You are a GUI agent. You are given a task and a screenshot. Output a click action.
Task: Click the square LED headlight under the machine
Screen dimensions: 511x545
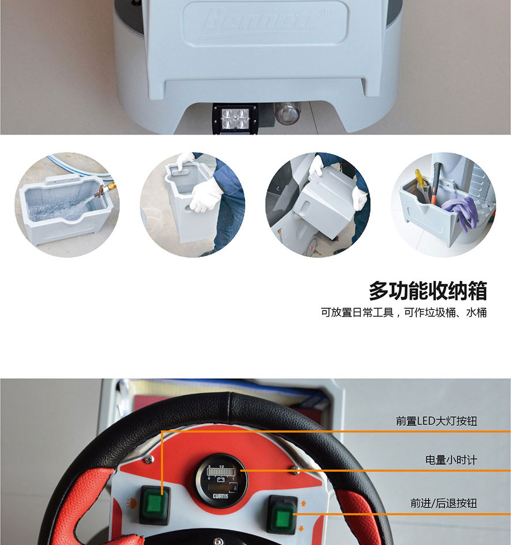coord(236,118)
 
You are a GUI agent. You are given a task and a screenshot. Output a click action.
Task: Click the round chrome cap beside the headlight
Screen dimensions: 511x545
coord(288,113)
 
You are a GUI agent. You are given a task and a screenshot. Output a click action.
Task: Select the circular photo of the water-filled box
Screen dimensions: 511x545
coord(67,205)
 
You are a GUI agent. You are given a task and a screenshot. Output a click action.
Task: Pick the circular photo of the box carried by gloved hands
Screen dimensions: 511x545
coord(193,205)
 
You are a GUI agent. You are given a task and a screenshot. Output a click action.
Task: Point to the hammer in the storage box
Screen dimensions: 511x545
coord(435,182)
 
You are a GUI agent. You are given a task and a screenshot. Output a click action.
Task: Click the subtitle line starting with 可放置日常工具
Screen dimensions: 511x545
coord(404,312)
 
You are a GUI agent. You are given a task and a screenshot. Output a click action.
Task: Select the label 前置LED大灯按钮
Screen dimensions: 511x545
coord(437,421)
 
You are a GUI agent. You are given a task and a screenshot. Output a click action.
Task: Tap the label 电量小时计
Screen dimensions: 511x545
coord(451,460)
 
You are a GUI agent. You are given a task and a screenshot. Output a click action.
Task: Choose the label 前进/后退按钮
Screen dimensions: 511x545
coord(444,503)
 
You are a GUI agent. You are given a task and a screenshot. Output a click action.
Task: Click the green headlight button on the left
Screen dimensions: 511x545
coord(155,505)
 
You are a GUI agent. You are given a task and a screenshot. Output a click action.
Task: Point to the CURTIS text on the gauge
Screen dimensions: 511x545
coord(220,496)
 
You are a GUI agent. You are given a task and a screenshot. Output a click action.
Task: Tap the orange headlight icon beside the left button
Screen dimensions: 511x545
coord(131,503)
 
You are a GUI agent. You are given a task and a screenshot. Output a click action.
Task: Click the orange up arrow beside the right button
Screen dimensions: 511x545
coord(303,503)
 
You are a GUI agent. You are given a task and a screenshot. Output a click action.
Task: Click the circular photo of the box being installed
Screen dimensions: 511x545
coord(318,205)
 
